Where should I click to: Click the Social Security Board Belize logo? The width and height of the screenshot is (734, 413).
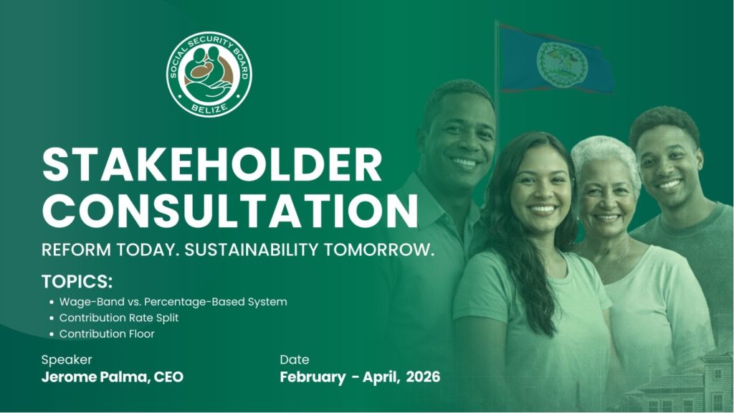[x=209, y=74]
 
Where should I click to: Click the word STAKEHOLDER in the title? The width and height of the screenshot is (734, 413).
[x=212, y=165]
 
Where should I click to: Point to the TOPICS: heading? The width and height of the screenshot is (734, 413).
[x=77, y=281]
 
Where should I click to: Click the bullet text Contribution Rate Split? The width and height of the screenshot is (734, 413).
[x=119, y=318]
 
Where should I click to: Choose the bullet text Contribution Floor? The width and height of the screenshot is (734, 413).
[x=107, y=334]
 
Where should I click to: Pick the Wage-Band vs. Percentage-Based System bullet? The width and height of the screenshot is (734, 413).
[x=173, y=302]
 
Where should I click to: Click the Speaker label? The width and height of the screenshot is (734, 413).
[x=67, y=360]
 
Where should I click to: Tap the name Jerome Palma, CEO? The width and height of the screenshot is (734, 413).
[x=113, y=377]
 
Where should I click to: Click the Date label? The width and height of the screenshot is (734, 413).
[x=295, y=360]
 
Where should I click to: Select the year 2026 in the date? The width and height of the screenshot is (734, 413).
[x=423, y=377]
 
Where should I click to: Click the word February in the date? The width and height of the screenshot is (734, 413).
[x=313, y=377]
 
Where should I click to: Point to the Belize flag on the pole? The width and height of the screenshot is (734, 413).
[x=557, y=60]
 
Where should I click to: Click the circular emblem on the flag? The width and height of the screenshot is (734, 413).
[x=561, y=64]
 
